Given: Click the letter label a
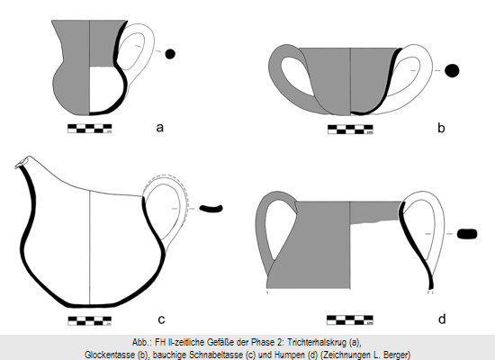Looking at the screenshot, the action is (x=160, y=128).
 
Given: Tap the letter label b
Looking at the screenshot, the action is (x=441, y=128).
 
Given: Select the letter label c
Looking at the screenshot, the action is (x=161, y=319).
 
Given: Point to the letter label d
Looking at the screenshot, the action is (x=442, y=319).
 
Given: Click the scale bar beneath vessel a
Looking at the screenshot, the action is (x=90, y=129).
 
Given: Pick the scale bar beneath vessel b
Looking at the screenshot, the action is (x=350, y=130).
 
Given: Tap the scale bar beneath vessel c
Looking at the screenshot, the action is (x=90, y=320).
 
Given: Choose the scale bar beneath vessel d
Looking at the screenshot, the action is (x=350, y=319).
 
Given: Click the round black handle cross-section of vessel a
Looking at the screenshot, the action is (x=170, y=54).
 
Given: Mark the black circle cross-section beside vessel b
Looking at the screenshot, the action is (x=452, y=70).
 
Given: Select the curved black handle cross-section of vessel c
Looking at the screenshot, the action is (x=211, y=209).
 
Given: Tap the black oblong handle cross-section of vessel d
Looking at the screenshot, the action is (x=467, y=234).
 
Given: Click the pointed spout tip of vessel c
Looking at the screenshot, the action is (x=16, y=166).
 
